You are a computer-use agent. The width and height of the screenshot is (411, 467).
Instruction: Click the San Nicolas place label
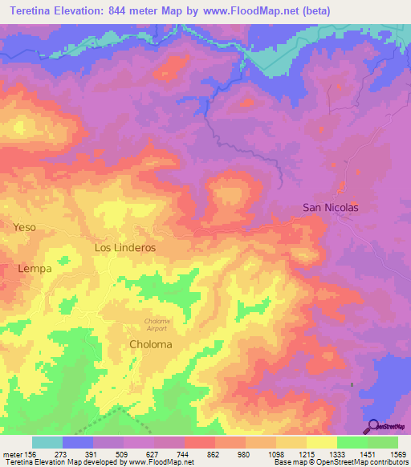(x=330, y=207)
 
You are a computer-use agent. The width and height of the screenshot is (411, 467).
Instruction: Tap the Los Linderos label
(x=124, y=248)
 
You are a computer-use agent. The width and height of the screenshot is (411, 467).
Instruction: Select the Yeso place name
(x=25, y=227)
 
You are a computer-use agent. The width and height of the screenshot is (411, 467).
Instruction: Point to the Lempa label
(x=35, y=269)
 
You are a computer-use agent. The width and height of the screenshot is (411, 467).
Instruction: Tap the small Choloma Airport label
(x=156, y=325)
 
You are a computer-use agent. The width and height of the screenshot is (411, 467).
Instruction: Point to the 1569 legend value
(x=397, y=454)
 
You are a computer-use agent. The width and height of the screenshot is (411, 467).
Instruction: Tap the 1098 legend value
(x=275, y=454)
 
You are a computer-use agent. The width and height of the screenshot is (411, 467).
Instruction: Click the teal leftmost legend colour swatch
(x=47, y=442)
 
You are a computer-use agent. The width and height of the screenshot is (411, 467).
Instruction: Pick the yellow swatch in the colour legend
(x=321, y=442)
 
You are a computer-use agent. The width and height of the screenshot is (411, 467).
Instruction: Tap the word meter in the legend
(x=12, y=454)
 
